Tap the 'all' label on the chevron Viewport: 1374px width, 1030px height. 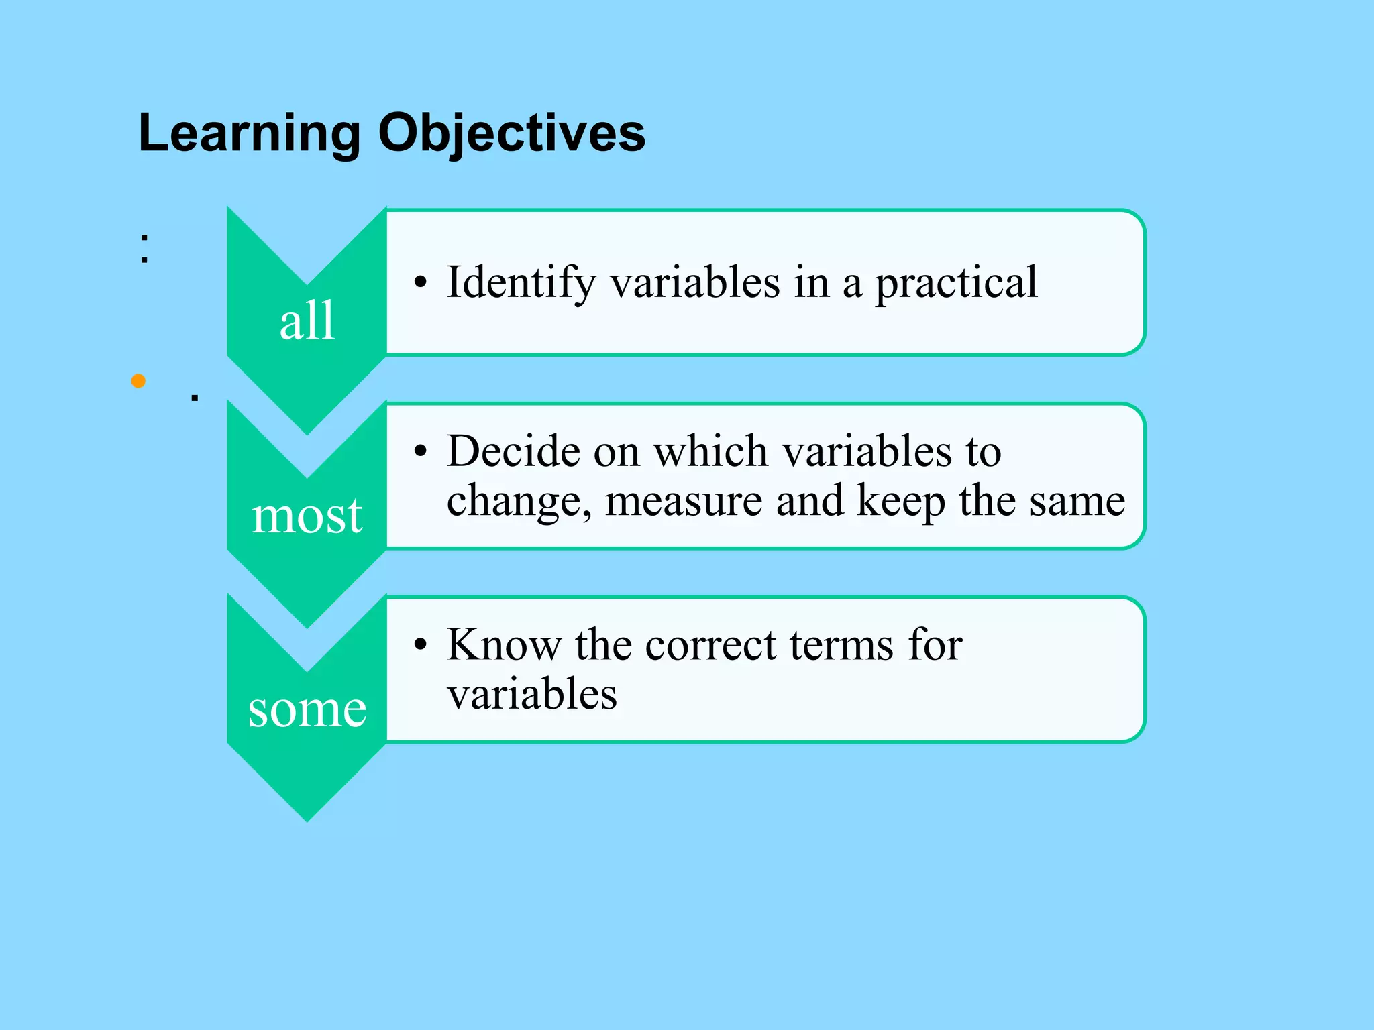pos(307,321)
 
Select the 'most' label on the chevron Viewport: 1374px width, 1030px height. pos(307,516)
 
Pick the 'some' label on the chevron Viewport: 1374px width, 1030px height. pos(307,709)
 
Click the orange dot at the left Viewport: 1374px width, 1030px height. pos(139,381)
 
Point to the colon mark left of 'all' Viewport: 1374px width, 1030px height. pos(144,248)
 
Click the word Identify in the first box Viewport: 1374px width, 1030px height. pos(521,282)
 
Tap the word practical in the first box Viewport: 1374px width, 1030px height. pos(956,282)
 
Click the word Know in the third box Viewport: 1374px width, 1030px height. pos(503,644)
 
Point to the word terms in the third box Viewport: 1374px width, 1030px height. pos(841,644)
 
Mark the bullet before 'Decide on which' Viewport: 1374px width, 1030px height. pos(421,451)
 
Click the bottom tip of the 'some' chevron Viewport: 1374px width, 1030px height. pos(307,819)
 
